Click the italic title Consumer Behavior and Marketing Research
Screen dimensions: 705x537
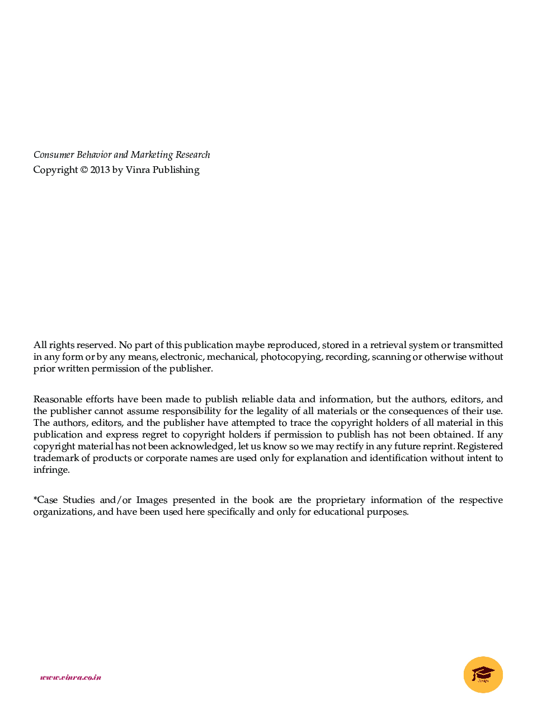121,155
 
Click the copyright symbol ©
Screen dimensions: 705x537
84,170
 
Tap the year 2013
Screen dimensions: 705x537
100,170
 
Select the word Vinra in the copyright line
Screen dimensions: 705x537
138,170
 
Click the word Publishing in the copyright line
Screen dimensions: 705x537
176,170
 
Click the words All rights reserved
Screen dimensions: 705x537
74,345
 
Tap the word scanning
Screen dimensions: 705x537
391,357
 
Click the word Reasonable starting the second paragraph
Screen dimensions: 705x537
58,399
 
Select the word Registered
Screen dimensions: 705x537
480,446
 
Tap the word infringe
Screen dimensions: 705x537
50,470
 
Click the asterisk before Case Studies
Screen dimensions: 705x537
35,499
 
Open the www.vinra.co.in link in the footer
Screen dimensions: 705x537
70,678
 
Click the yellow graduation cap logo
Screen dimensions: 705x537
483,674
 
